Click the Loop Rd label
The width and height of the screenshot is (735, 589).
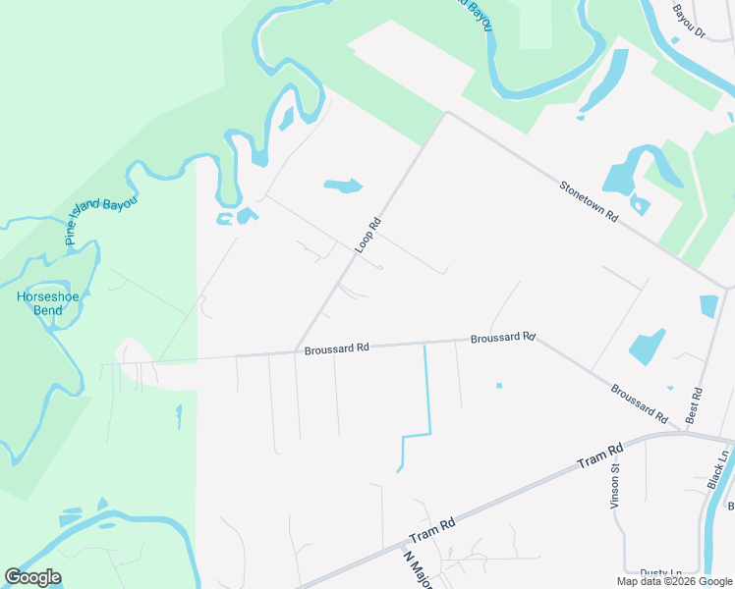click(x=367, y=236)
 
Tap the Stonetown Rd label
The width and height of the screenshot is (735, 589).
click(x=588, y=200)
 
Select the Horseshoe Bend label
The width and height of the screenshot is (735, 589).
click(x=40, y=303)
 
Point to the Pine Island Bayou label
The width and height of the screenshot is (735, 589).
click(x=99, y=218)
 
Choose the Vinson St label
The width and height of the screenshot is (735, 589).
click(x=616, y=481)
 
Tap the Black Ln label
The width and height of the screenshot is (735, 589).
click(x=720, y=470)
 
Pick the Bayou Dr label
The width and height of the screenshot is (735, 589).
click(x=689, y=21)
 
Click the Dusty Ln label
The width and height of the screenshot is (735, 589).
click(x=661, y=573)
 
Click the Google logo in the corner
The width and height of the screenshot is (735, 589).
click(x=33, y=577)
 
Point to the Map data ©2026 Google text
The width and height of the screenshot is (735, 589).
click(x=675, y=581)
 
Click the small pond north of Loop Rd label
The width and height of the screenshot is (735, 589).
click(x=343, y=185)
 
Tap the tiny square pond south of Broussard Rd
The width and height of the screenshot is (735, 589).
click(x=499, y=385)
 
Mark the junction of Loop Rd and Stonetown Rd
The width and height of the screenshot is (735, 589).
click(x=448, y=113)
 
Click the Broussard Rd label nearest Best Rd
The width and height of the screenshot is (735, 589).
click(x=640, y=402)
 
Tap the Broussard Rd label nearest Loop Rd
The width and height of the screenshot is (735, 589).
click(x=336, y=348)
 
